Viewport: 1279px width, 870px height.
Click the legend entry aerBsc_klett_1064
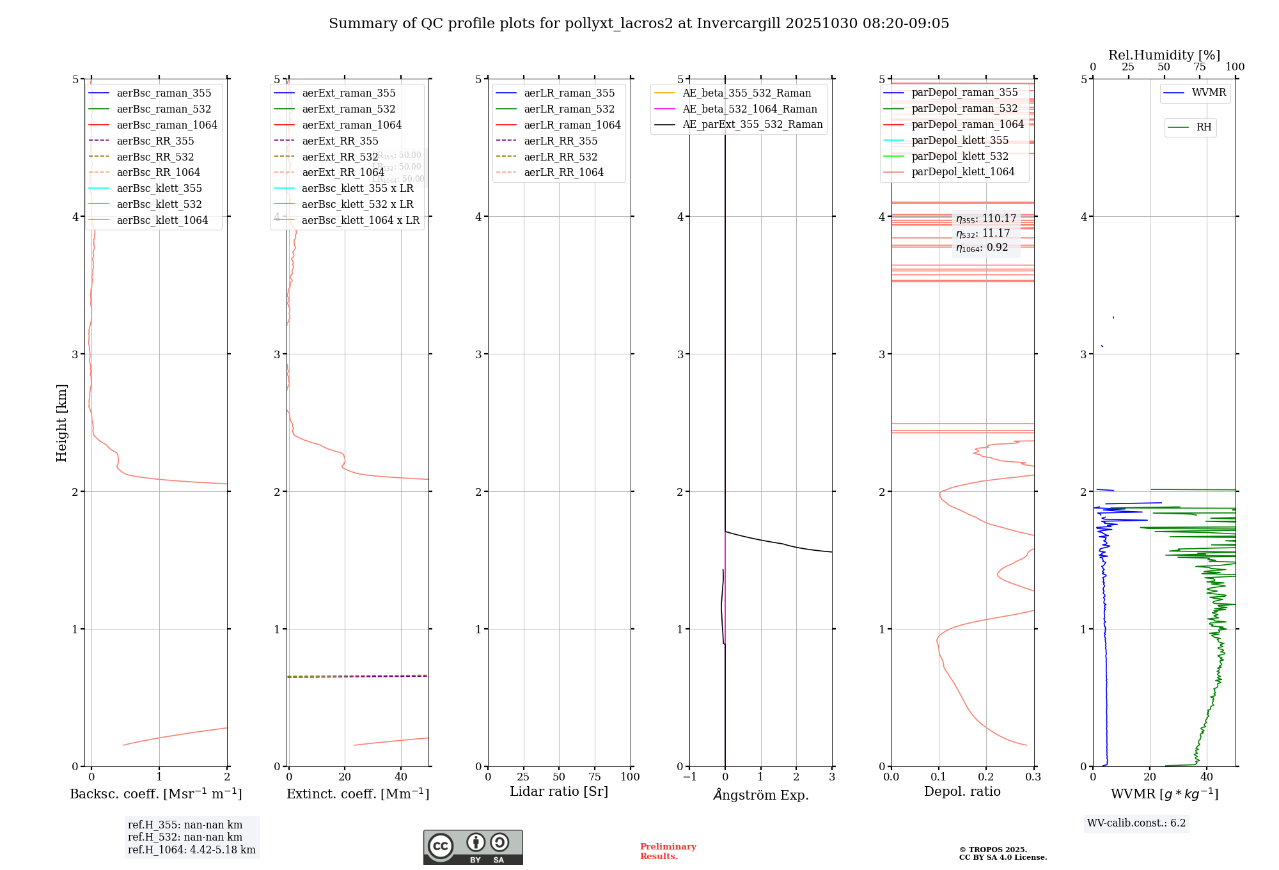click(162, 221)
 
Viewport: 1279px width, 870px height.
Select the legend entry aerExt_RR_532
click(340, 157)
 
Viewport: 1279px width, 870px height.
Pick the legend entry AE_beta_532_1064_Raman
click(749, 109)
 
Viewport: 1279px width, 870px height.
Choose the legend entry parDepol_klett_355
click(960, 141)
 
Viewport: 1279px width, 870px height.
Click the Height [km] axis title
click(61, 423)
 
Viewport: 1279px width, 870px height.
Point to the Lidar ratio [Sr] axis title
click(558, 792)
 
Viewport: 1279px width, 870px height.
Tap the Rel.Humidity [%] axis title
click(1164, 55)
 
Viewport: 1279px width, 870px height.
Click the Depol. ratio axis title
click(962, 792)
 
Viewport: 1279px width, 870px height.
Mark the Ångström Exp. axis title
click(760, 795)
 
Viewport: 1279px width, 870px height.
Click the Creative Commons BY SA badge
click(473, 848)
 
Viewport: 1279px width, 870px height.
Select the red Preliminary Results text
click(668, 851)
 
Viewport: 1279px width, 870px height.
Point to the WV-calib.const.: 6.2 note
click(1136, 823)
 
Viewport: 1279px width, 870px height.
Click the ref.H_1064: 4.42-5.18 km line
click(191, 850)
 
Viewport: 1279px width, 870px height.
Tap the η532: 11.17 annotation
click(983, 233)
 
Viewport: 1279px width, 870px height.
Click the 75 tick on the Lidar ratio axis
click(595, 777)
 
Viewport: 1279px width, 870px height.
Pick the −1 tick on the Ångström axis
click(689, 777)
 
